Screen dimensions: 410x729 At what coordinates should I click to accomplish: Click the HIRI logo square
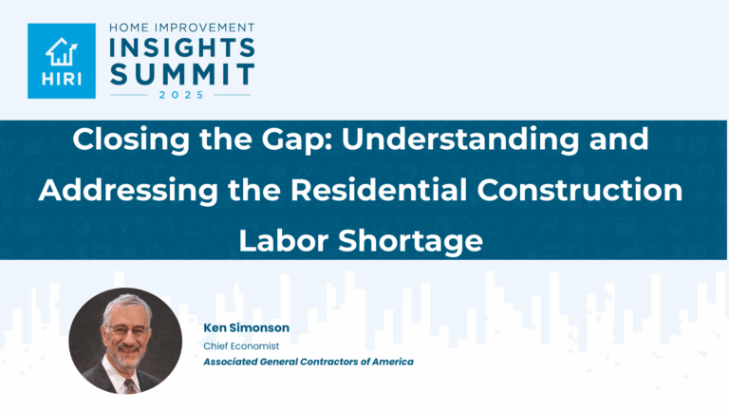[61, 61]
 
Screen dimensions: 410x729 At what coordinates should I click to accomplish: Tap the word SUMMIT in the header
[183, 74]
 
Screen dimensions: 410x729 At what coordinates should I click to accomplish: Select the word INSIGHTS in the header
[183, 47]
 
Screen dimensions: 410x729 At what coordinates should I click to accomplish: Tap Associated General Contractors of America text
[308, 362]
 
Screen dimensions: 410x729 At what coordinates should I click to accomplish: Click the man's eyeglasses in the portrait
[122, 331]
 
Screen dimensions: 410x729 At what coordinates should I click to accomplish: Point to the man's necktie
[129, 382]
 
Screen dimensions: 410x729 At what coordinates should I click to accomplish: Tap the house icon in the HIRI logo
[61, 49]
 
